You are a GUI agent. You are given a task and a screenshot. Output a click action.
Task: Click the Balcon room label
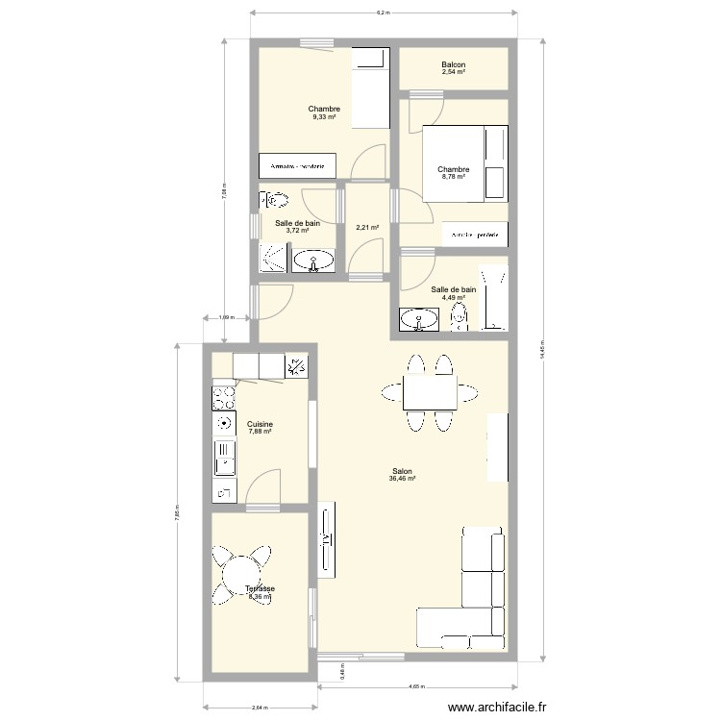tap(453, 65)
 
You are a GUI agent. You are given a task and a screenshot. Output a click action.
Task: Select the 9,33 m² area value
tap(324, 117)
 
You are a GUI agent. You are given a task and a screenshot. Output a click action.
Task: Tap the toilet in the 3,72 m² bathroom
tap(275, 201)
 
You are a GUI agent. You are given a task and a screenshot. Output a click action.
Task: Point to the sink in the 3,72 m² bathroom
tap(313, 260)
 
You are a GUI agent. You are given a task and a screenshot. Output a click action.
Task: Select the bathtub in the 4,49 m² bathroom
tap(493, 298)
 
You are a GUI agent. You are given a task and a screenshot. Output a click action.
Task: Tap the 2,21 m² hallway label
tap(366, 228)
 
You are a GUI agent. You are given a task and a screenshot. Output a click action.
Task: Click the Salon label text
tap(402, 471)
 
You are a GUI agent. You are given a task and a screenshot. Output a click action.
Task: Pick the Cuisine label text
tap(260, 424)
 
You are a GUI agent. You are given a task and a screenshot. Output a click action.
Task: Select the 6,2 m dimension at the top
tap(382, 12)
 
